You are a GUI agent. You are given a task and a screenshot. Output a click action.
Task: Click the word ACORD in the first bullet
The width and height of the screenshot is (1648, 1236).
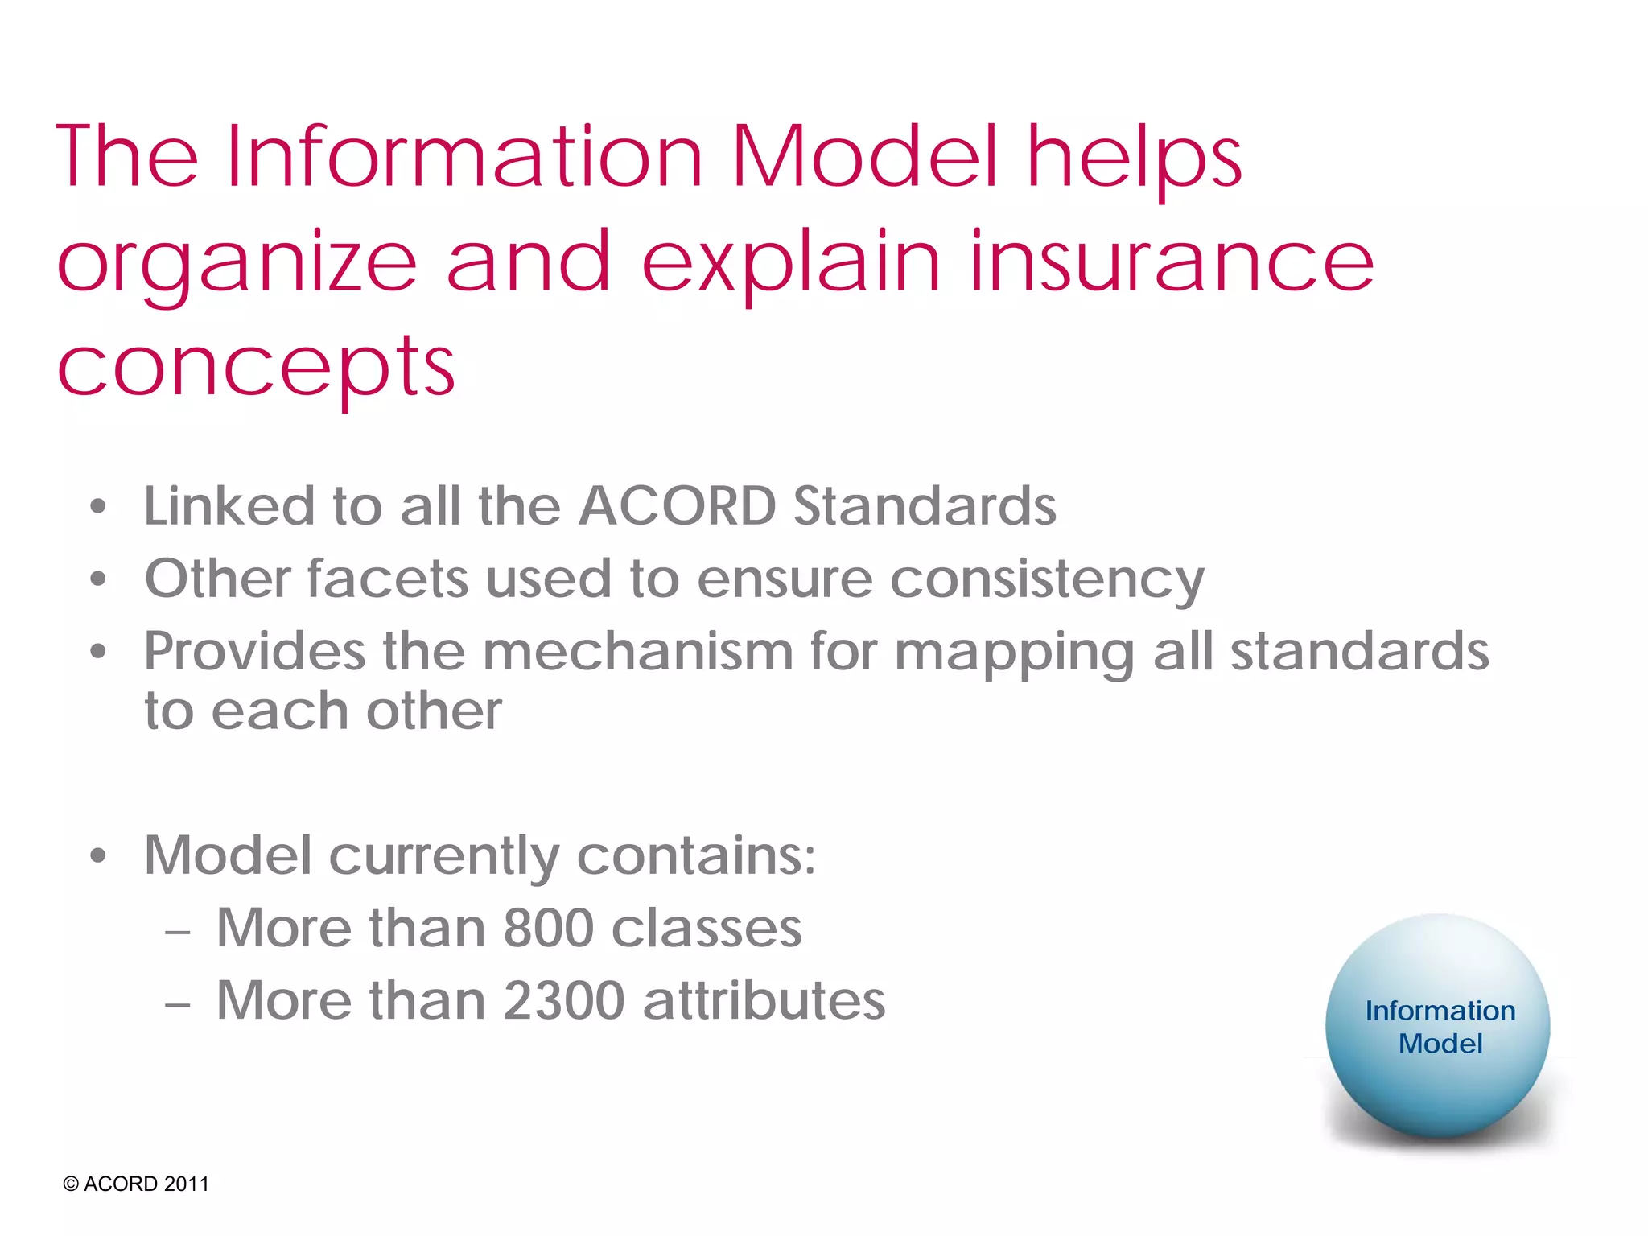coord(678,506)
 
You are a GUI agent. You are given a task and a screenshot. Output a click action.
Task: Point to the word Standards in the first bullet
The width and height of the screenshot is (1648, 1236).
coord(925,506)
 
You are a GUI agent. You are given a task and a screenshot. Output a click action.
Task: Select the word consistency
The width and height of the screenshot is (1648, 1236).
coord(1047,580)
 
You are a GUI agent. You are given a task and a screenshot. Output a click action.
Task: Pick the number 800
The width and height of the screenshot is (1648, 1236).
coord(548,928)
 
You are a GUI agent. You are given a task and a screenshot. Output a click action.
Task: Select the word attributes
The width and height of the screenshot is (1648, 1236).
coord(764,1000)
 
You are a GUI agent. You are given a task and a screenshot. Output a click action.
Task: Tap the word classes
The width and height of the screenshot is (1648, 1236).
coord(706,928)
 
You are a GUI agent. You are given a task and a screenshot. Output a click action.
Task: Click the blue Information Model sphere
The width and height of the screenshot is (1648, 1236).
coord(1438,1027)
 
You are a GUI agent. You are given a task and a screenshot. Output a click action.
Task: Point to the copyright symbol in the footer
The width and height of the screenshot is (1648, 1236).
coord(71,1184)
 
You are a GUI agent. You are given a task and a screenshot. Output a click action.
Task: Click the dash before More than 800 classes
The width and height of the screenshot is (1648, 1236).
coord(177,932)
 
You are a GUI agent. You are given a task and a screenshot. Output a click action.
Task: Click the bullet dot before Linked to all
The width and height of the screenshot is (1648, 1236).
coord(98,507)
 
